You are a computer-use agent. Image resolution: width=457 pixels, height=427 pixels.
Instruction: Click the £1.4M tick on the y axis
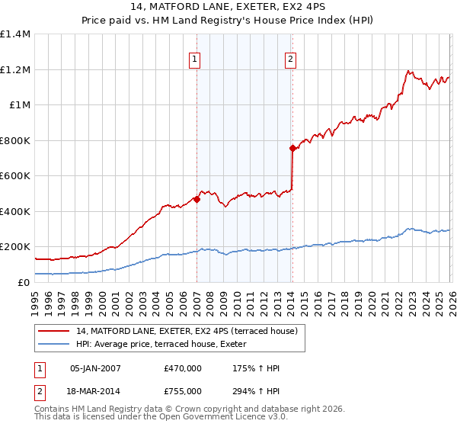pos(15,34)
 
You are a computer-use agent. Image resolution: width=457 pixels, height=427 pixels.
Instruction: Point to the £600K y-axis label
pos(15,176)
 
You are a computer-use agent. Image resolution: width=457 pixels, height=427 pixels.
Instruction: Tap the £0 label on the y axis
pos(23,282)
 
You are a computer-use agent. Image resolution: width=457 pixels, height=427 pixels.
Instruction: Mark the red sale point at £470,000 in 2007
pos(197,199)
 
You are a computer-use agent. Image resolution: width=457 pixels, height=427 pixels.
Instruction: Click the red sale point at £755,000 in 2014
pos(292,149)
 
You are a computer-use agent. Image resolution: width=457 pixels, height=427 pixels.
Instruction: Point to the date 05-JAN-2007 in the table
pos(95,368)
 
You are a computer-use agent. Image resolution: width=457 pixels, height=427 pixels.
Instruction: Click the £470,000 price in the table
pos(183,368)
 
